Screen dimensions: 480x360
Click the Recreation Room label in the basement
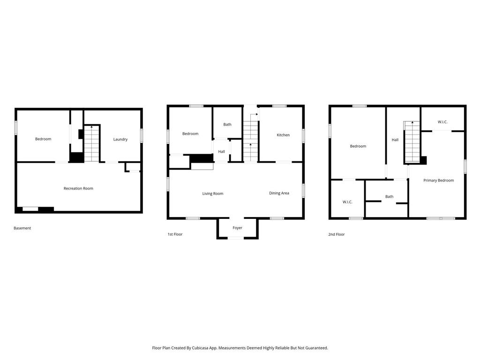tap(78, 188)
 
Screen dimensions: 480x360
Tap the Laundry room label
tap(120, 139)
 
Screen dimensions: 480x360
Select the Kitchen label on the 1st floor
tap(283, 135)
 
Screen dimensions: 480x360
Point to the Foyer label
tap(237, 228)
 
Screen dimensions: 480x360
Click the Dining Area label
tap(279, 193)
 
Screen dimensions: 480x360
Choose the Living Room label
tap(213, 194)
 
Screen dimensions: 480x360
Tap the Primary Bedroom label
tap(439, 180)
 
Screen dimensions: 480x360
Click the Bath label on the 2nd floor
tap(390, 197)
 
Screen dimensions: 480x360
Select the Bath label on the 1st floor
tap(227, 125)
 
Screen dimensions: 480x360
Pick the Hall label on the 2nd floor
tap(395, 140)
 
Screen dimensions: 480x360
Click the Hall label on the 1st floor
tap(222, 152)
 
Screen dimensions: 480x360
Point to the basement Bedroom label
tap(43, 139)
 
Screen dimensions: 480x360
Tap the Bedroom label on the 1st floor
tap(190, 134)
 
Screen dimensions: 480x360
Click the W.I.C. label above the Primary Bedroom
tap(442, 122)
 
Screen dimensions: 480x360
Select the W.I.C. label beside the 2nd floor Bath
tap(347, 202)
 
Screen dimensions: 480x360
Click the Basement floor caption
tap(22, 228)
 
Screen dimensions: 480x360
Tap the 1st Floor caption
tap(175, 234)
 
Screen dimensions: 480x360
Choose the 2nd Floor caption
tap(337, 234)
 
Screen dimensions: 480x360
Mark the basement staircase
tap(91, 143)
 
